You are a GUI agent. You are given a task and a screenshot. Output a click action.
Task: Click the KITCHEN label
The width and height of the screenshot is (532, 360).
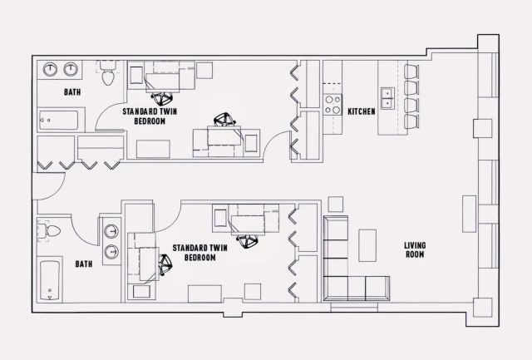362,111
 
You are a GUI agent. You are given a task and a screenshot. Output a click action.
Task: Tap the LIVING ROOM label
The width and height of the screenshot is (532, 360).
416,250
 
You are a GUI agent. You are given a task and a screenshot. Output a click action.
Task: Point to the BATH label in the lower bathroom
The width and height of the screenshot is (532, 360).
83,264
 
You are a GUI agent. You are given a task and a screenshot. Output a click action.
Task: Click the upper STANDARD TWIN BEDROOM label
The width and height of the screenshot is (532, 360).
150,116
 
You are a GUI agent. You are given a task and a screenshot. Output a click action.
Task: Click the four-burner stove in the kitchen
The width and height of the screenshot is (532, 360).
332,104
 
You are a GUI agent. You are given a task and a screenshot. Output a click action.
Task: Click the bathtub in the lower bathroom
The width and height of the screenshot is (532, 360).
51,281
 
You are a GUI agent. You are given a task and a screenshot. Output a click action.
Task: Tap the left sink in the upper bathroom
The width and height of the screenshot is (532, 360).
51,69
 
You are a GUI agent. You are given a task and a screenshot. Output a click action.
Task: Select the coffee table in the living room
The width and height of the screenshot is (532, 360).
367,245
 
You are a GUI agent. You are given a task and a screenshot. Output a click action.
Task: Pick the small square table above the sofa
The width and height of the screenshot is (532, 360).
335,205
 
